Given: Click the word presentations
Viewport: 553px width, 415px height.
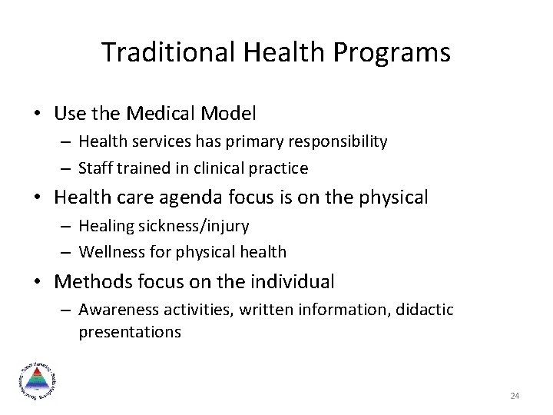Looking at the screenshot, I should tap(129, 333).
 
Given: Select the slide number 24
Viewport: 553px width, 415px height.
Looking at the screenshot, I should tap(515, 396).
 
